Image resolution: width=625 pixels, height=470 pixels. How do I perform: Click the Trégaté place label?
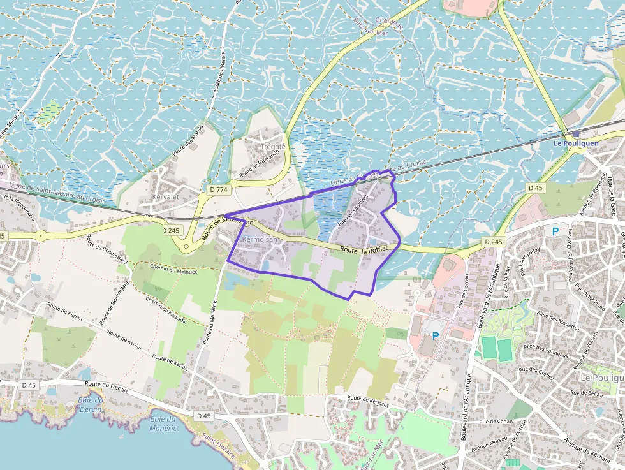coord(273,146)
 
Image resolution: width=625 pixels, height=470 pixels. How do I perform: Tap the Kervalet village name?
coord(165,197)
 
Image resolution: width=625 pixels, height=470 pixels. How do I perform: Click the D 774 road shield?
coord(218,189)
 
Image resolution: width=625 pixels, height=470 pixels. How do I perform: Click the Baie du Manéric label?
coord(162,423)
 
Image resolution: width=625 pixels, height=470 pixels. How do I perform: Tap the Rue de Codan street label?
coord(497,422)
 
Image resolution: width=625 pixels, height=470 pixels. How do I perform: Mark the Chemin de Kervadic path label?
coord(166,310)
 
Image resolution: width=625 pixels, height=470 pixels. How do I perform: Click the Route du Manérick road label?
coord(211,324)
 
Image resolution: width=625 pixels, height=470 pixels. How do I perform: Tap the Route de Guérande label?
coord(261,165)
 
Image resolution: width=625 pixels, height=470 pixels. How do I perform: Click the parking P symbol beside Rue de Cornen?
coord(436,335)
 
